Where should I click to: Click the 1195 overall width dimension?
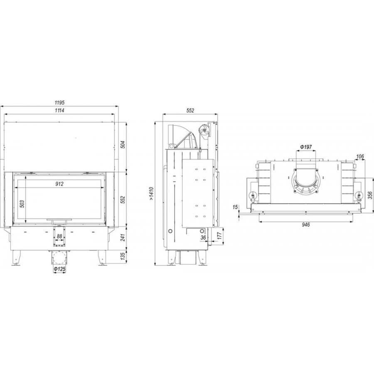point(59,103)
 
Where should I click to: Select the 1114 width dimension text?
point(59,110)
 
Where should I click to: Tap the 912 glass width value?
point(59,184)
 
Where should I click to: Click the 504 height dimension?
point(123,145)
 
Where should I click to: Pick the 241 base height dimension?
point(123,237)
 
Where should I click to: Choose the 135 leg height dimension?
point(123,256)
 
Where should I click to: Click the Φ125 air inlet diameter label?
point(59,269)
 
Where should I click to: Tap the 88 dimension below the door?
point(59,236)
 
